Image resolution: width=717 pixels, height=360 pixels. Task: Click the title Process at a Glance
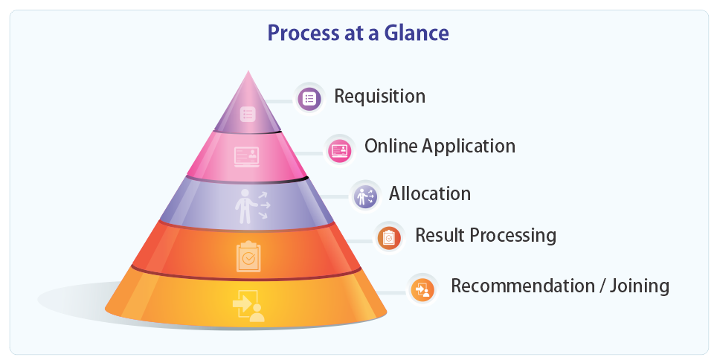[358, 33]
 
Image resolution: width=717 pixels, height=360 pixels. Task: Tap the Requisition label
[379, 97]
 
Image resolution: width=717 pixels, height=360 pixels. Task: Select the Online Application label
[440, 147]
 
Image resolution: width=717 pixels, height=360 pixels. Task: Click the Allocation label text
[430, 193]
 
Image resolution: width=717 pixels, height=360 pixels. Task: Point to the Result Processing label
[486, 236]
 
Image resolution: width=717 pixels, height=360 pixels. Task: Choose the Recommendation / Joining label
[560, 286]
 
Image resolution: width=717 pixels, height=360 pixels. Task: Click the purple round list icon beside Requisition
[309, 98]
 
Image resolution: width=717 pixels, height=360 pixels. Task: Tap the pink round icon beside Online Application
[340, 150]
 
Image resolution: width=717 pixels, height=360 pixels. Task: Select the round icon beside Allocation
[365, 196]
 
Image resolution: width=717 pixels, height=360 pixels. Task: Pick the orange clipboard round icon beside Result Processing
[389, 238]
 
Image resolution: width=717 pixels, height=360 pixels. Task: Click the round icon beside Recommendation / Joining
[422, 289]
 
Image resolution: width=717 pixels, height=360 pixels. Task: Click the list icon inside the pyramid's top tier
[248, 114]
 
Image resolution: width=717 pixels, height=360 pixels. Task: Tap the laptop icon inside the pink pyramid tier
[247, 157]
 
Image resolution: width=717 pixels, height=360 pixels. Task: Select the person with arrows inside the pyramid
[253, 206]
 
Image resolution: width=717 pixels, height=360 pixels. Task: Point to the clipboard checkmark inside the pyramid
[248, 257]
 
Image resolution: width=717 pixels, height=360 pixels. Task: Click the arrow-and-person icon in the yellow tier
[248, 306]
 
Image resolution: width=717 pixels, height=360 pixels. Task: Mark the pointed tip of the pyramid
[248, 71]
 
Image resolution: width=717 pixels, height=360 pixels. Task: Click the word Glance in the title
[416, 33]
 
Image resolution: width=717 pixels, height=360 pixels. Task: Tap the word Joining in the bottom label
[639, 286]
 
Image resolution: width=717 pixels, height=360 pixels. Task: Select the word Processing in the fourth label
[513, 236]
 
